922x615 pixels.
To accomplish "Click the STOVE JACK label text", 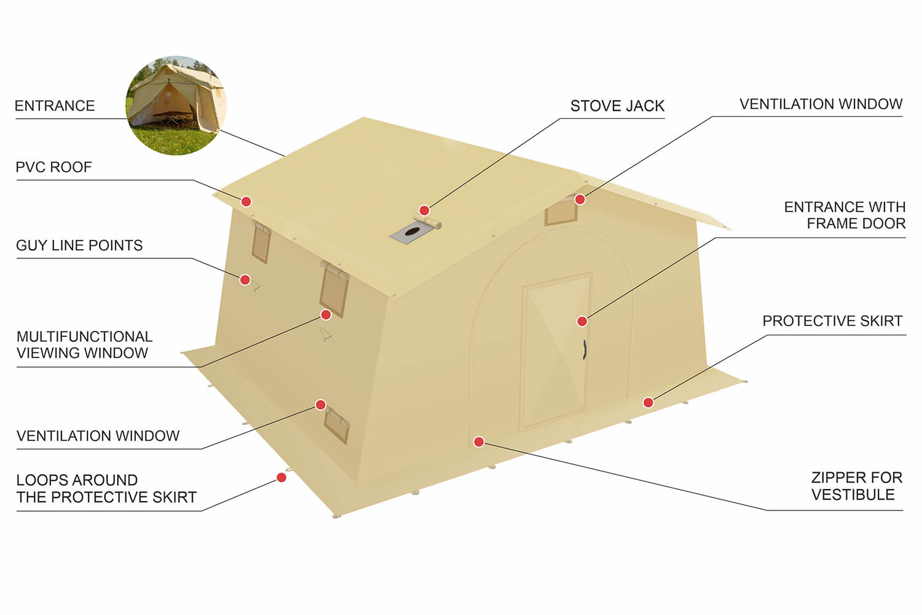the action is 617,106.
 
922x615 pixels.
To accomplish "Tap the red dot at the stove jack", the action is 424,210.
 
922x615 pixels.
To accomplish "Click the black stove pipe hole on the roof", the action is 411,232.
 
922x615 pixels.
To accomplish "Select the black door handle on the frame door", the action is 585,349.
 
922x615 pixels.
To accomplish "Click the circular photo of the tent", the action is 176,105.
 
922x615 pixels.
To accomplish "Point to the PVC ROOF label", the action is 53,167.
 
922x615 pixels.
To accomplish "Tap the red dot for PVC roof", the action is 246,202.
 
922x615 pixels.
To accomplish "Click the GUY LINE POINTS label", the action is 79,245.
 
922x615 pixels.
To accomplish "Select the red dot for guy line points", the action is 245,280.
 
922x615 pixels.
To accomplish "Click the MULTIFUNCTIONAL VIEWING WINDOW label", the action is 84,344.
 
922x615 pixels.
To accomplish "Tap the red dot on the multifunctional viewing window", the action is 326,315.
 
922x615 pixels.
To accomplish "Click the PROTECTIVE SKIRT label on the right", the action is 832,320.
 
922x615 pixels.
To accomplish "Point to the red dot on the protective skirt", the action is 648,402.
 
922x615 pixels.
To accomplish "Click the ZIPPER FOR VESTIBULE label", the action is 857,486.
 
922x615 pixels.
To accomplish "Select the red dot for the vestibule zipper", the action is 479,442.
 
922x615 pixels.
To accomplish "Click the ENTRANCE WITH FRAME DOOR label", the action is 845,215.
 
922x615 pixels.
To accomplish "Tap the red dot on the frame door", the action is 582,321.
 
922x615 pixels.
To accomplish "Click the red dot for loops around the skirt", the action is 282,477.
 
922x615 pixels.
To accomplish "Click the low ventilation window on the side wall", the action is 337,426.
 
